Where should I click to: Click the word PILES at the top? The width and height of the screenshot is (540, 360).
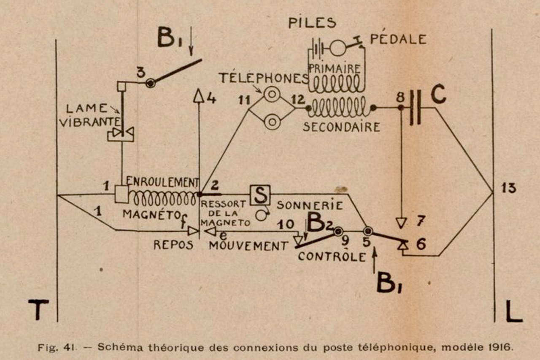coord(312,22)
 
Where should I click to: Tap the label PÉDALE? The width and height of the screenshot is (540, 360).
coord(398,39)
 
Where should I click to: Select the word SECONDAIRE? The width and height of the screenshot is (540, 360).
coord(341,126)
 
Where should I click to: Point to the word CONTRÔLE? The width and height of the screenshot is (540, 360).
coord(331,256)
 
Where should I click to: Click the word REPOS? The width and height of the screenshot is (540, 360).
coord(173,245)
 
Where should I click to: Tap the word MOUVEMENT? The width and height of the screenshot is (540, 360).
coord(248,246)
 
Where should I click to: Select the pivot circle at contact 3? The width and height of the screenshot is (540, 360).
coord(150,83)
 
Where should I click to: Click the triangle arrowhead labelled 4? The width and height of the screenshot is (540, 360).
coord(199,97)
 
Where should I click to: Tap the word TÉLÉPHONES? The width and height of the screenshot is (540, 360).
coord(264,78)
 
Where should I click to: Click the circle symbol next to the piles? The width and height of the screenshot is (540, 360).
coord(337,48)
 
